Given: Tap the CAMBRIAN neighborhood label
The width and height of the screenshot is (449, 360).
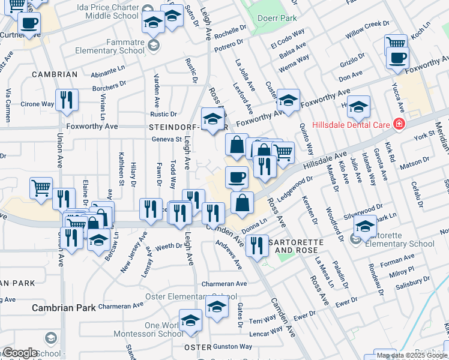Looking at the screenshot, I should click(55, 74).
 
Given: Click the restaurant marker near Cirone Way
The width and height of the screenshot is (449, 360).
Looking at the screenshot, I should click(66, 100).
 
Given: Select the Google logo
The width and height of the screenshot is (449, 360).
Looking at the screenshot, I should click(20, 353).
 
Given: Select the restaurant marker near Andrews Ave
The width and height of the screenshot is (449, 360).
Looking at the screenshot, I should click(257, 245).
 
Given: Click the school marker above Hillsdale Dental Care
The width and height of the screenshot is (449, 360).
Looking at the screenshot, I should click(359, 107).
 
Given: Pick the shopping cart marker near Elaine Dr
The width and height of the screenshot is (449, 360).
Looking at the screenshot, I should click(41, 188).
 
